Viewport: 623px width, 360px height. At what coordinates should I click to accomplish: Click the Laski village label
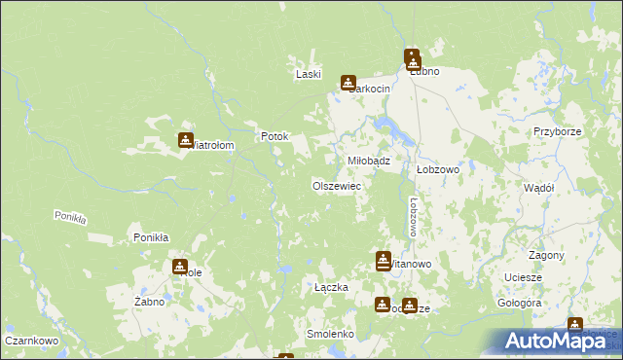(x=309, y=74)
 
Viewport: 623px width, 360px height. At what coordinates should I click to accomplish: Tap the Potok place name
(x=275, y=137)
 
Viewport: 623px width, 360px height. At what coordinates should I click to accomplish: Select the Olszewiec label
(x=337, y=185)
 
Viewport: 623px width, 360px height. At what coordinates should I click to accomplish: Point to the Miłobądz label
(x=369, y=162)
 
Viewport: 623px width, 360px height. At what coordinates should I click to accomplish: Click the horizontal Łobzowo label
(x=437, y=168)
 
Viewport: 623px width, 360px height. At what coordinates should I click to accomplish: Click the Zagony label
(x=548, y=255)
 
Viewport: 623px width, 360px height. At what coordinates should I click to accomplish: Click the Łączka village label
(x=331, y=287)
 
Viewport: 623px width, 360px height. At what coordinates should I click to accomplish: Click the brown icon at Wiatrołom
(x=185, y=140)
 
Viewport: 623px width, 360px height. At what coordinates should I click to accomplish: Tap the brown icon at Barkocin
(x=348, y=84)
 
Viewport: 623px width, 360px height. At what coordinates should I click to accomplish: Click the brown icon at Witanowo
(x=384, y=260)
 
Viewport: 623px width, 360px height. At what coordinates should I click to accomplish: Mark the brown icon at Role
(x=180, y=267)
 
